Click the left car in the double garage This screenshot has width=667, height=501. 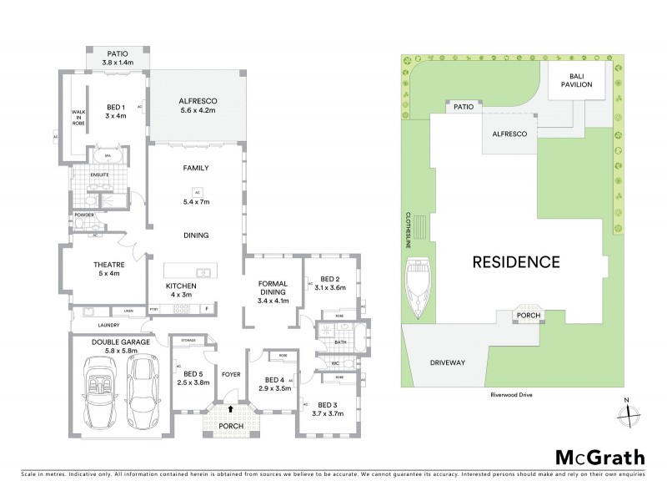click(x=101, y=391)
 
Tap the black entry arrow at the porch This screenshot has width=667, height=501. click(x=230, y=408)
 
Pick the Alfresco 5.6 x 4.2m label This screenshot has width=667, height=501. click(x=198, y=105)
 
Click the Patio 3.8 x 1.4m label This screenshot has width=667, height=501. click(x=118, y=57)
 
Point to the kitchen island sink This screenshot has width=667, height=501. click(x=203, y=271)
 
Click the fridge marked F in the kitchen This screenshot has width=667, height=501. click(x=207, y=309)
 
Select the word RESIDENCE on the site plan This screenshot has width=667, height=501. click(x=516, y=261)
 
